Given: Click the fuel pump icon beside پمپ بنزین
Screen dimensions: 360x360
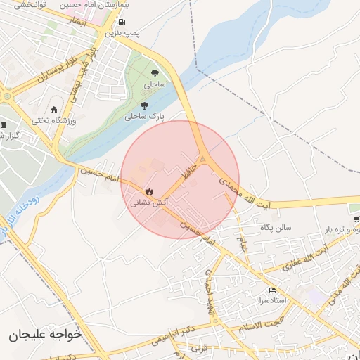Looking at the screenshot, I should click(122, 22).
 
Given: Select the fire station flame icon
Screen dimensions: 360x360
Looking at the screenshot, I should click(149, 191).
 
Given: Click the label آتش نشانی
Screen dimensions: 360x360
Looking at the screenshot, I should click(149, 202).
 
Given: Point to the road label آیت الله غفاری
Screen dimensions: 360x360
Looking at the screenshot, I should click(307, 259).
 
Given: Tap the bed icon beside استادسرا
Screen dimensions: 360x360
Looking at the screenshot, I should click(273, 290).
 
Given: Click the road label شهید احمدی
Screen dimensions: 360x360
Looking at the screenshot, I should click(209, 292).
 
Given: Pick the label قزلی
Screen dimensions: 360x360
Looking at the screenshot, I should click(201, 349).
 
